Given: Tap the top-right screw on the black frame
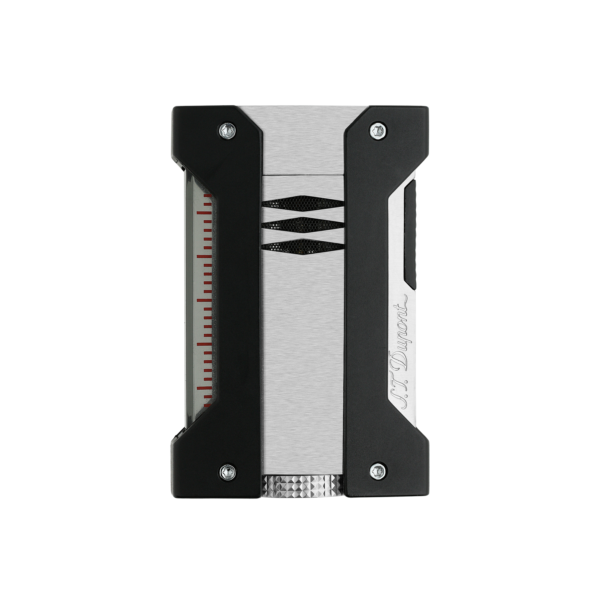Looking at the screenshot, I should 376,129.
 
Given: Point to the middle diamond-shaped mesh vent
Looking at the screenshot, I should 302,224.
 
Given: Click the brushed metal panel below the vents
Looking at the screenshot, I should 302,360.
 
